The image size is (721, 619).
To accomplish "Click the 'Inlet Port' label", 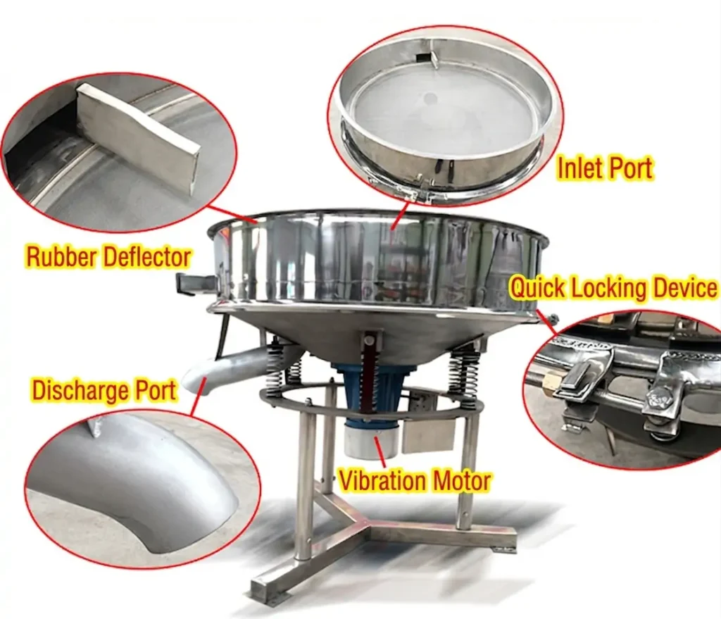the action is (x=604, y=168).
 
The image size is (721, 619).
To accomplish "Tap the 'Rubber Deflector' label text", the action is (x=108, y=256).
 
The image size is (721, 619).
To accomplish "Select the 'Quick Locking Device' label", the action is (x=614, y=288).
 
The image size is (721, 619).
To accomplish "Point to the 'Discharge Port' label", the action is (x=104, y=390).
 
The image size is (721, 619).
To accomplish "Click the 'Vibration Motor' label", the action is (x=415, y=481).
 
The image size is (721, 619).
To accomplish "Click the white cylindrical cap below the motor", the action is (x=370, y=441).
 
